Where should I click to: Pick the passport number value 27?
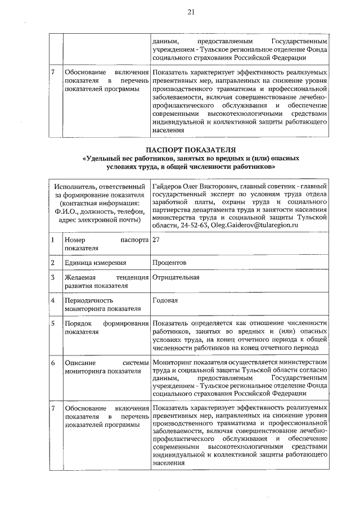click(x=156, y=239)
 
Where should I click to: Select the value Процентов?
click(x=169, y=262)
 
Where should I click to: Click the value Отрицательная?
click(x=175, y=277)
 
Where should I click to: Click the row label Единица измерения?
click(x=95, y=262)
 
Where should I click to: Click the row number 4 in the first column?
click(x=52, y=300)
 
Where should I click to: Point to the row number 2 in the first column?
click(x=52, y=262)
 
